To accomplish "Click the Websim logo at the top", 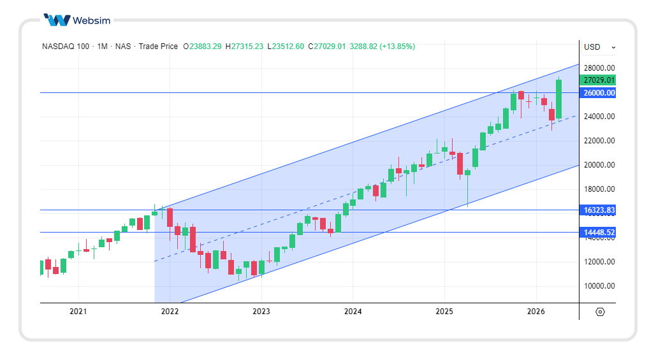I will (77, 20).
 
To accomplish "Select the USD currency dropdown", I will (599, 47).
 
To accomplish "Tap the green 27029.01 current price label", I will (599, 80).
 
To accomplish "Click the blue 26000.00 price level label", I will (599, 93).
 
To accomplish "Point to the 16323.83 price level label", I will (599, 210).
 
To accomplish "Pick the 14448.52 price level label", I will (599, 233).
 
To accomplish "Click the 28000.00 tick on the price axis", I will (599, 68).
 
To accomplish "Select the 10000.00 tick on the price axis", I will (599, 286).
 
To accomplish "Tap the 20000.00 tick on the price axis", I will (599, 165).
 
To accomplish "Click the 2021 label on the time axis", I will (78, 312).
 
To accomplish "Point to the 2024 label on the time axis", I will (353, 312).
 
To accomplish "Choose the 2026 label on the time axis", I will (536, 312).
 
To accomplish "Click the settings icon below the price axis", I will (600, 312).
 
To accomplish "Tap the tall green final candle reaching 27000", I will (558, 99).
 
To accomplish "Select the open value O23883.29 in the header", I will (203, 47).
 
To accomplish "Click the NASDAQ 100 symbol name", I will (66, 47).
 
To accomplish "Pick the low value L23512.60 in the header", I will (286, 47).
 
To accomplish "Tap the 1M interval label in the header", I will (102, 47).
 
